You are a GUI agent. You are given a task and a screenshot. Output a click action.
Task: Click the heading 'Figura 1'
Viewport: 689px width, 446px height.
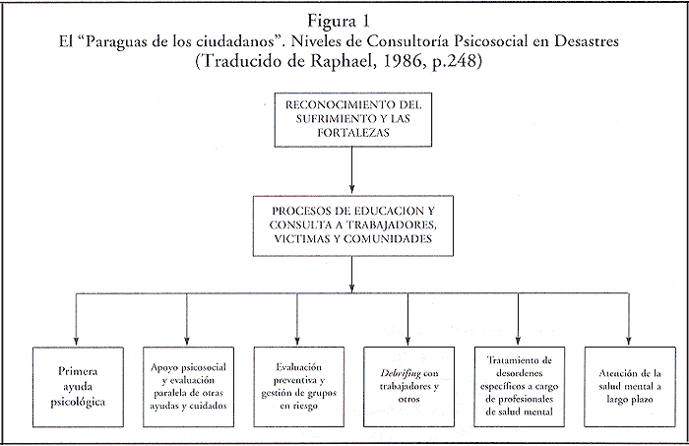[345, 20]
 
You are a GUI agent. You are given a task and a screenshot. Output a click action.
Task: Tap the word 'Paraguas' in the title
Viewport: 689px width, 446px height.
[163, 42]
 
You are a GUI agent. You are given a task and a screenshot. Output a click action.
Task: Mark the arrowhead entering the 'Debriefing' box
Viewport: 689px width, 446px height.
[407, 335]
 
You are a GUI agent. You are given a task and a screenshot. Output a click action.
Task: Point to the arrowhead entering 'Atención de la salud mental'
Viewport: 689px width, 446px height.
[628, 335]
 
